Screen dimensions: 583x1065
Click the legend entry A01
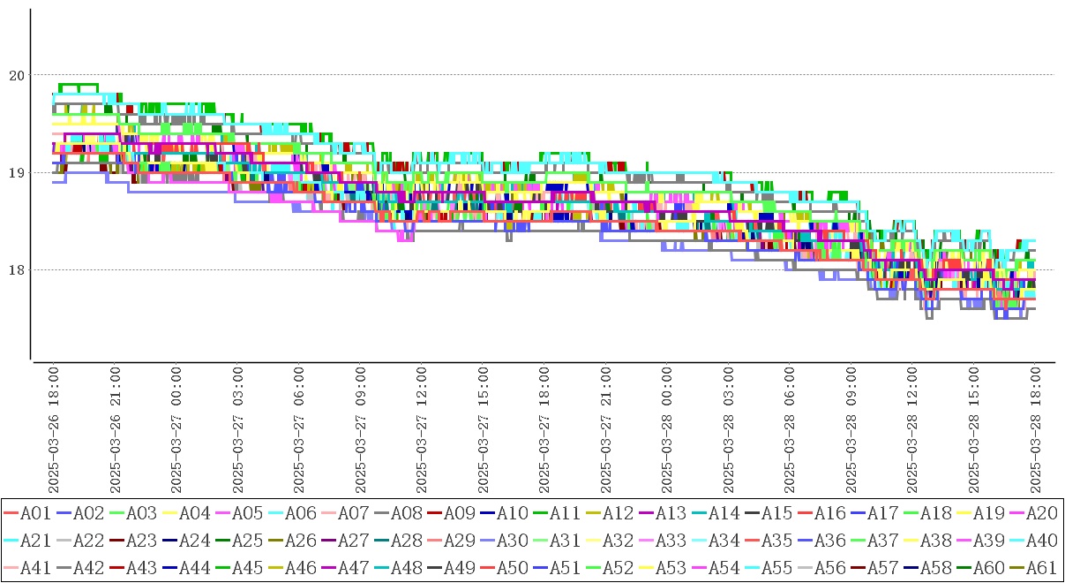(x=35, y=512)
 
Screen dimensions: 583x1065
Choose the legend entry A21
(x=35, y=539)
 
